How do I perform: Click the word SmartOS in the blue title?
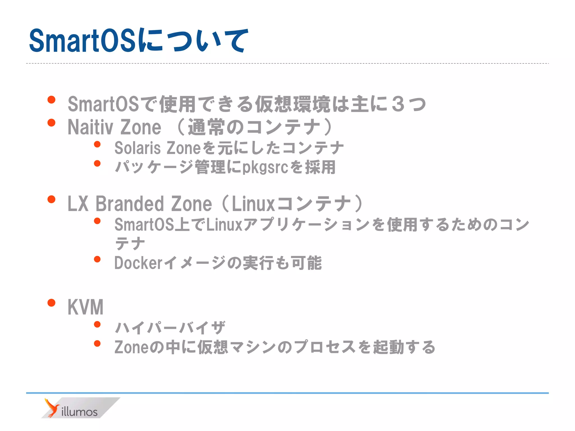tap(83, 41)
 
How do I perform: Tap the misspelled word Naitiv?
tap(90, 127)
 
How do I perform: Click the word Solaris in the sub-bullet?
tap(138, 148)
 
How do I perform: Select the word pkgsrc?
tap(265, 167)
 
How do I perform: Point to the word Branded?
tap(130, 204)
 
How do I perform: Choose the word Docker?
tap(138, 263)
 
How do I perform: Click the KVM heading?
tap(86, 307)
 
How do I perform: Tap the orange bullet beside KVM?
tap(51, 303)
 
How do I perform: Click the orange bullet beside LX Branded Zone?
tap(51, 200)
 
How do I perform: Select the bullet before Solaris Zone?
tap(97, 145)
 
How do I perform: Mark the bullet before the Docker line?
tap(97, 259)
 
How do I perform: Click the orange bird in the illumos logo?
tap(52, 408)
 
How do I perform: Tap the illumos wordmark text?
tap(79, 412)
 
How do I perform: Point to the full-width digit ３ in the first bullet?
tap(398, 104)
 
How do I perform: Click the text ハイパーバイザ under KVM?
tap(170, 328)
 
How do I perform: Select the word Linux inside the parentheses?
tap(253, 204)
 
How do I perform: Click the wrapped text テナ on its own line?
tap(130, 243)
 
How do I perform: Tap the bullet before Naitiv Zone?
tap(51, 123)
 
